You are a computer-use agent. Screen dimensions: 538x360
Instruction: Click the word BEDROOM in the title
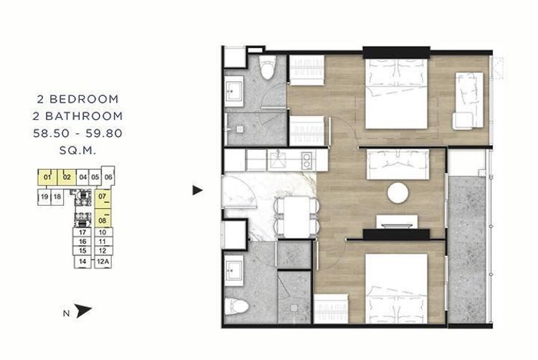tap(84, 99)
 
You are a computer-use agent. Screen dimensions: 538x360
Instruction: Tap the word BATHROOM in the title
tap(84, 116)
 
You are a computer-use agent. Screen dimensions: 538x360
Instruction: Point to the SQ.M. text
tap(78, 151)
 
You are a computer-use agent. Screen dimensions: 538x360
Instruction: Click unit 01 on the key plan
tap(47, 177)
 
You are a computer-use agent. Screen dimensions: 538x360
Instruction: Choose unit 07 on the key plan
tap(103, 196)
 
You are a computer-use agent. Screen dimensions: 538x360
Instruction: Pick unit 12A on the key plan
tap(103, 262)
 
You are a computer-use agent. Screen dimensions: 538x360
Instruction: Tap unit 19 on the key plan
tap(44, 196)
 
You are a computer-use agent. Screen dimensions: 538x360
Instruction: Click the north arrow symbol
tap(83, 311)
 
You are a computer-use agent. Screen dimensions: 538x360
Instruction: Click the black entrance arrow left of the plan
tap(197, 190)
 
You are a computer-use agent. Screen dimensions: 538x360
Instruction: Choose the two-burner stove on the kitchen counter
tap(306, 160)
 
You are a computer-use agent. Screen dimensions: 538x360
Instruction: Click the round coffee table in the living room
tap(398, 193)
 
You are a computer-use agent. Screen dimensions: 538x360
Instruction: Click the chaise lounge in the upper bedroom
tap(468, 100)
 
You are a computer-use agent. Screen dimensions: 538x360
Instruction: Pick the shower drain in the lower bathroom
tap(294, 308)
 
